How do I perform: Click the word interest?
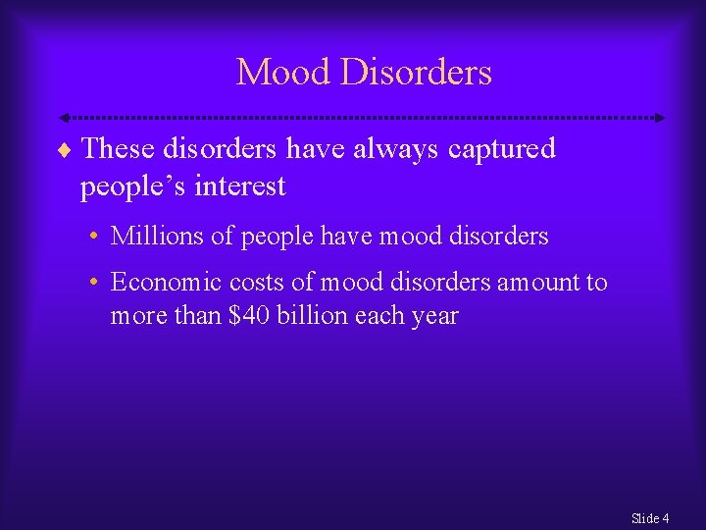[240, 185]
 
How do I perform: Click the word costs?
[257, 283]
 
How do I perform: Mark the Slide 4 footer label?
[650, 517]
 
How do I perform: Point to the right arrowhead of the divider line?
[660, 118]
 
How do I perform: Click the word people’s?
[133, 185]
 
